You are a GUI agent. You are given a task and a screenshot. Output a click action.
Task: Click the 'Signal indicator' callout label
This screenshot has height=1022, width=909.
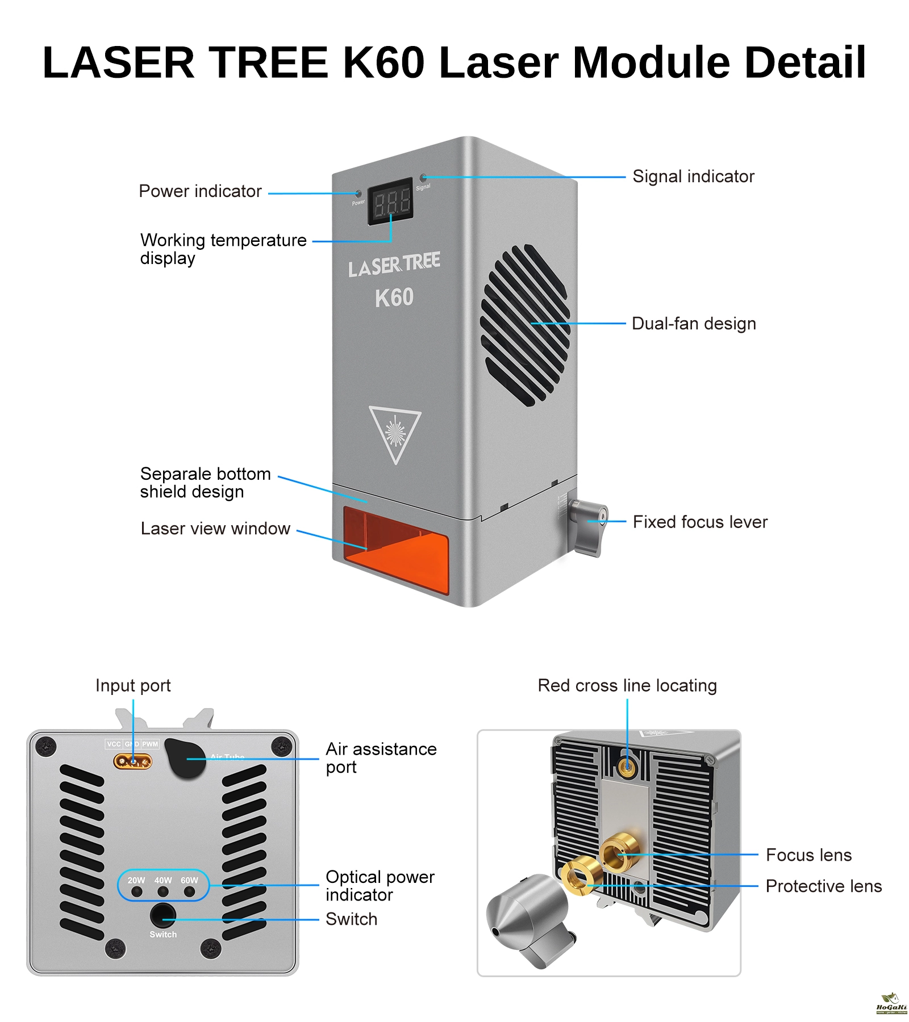(693, 177)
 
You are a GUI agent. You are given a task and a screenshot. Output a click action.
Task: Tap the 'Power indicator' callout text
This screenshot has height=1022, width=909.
(200, 191)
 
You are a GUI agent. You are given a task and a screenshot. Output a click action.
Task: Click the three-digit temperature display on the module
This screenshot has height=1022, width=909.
(391, 202)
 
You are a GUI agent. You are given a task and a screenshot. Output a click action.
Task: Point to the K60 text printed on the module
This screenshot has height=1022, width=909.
(394, 298)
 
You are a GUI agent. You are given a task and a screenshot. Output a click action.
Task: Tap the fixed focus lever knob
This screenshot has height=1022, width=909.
(589, 526)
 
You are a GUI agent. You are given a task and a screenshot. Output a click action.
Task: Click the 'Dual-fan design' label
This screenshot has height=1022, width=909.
(694, 324)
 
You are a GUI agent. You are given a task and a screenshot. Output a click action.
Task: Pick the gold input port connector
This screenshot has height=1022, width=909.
(133, 761)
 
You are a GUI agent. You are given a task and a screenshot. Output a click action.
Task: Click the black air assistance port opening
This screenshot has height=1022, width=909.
(186, 759)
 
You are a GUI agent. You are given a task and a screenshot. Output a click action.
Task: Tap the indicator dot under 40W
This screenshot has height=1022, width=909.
(163, 892)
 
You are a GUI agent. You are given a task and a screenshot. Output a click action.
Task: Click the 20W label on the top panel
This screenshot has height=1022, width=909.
(136, 880)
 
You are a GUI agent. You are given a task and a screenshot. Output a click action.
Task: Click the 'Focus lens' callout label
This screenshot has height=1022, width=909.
(808, 855)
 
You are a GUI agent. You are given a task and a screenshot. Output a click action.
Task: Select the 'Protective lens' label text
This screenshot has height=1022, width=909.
(823, 886)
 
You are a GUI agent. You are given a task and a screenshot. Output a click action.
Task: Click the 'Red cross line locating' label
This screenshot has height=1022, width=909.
(627, 686)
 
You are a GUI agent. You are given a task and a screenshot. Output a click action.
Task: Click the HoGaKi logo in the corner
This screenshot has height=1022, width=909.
(891, 1004)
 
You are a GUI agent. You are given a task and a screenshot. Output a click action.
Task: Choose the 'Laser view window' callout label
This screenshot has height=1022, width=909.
(215, 529)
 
